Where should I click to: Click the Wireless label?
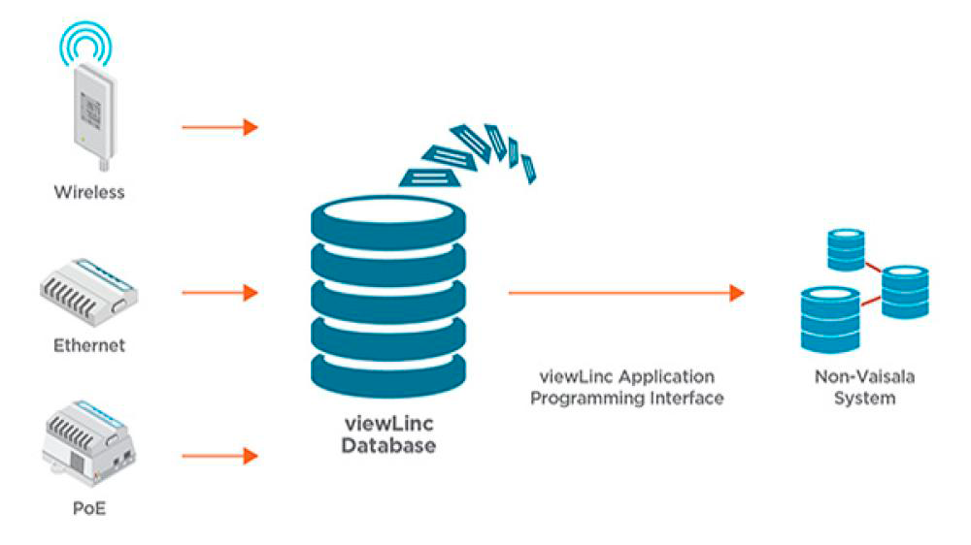click(x=89, y=192)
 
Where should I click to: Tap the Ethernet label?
click(x=89, y=345)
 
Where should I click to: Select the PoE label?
click(x=89, y=507)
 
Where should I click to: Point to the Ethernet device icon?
click(x=89, y=292)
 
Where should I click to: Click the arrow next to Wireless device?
click(x=219, y=127)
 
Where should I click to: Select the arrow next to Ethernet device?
click(x=219, y=292)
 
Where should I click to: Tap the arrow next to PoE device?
click(x=219, y=455)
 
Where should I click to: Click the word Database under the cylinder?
click(x=388, y=446)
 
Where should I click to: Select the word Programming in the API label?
click(x=581, y=399)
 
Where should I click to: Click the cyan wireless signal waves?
click(x=88, y=41)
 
